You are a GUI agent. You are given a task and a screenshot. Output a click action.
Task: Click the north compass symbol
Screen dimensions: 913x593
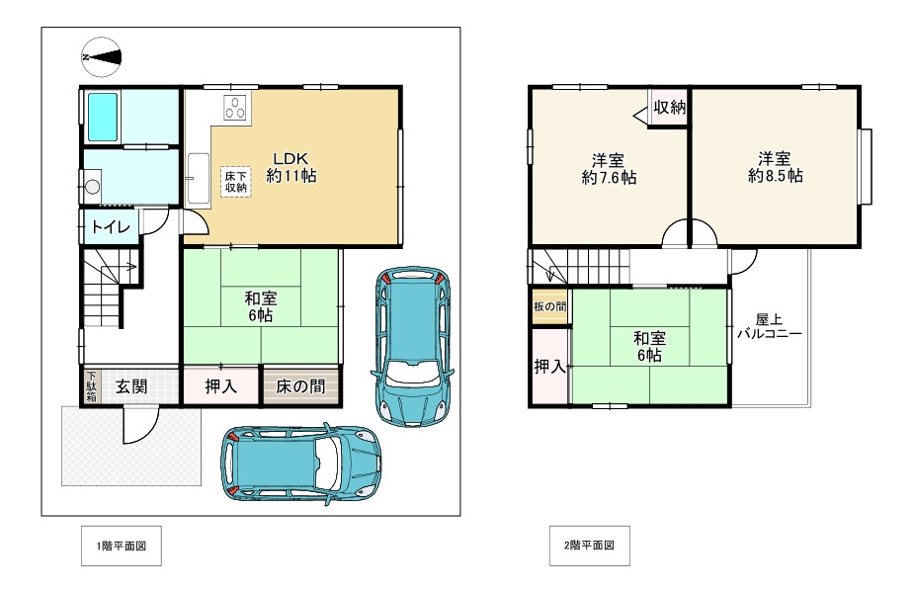point(102,57)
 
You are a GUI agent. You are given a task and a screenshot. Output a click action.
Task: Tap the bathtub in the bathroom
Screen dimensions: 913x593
point(103,117)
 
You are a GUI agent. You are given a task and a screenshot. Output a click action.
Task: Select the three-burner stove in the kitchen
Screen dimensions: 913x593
point(235,108)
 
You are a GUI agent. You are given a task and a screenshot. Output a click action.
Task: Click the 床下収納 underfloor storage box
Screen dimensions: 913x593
point(236,182)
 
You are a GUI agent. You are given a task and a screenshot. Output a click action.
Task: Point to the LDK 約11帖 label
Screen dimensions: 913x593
point(291,167)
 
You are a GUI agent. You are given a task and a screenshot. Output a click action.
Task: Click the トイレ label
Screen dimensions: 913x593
point(111,226)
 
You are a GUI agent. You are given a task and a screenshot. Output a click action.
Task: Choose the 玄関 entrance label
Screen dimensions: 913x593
point(131,386)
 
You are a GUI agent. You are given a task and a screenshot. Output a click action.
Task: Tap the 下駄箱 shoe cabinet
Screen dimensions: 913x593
point(92,386)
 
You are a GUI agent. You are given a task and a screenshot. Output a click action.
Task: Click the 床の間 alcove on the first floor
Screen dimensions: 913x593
point(300,386)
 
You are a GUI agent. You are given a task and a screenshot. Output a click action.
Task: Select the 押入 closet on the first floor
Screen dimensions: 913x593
point(220,386)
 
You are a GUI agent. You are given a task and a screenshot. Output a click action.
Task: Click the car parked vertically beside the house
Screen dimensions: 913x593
point(412,347)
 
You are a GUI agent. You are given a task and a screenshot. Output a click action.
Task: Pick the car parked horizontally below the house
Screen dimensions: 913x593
point(301,463)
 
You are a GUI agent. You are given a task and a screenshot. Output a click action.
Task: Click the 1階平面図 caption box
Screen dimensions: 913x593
point(122,546)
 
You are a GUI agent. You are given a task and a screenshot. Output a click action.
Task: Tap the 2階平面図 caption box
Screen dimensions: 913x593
point(589,546)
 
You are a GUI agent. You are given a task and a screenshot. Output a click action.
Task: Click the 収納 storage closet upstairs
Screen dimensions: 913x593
point(668,107)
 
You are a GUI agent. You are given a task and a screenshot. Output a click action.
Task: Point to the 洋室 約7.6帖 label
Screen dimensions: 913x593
point(609,169)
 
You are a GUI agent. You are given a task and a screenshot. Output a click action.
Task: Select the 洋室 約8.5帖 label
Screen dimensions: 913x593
point(775,167)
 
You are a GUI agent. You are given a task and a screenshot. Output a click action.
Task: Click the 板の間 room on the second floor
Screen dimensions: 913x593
point(549,306)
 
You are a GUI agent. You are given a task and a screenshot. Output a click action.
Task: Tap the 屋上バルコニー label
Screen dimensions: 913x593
point(769,326)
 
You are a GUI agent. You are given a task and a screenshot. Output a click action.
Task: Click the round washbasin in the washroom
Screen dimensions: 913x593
point(92,187)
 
